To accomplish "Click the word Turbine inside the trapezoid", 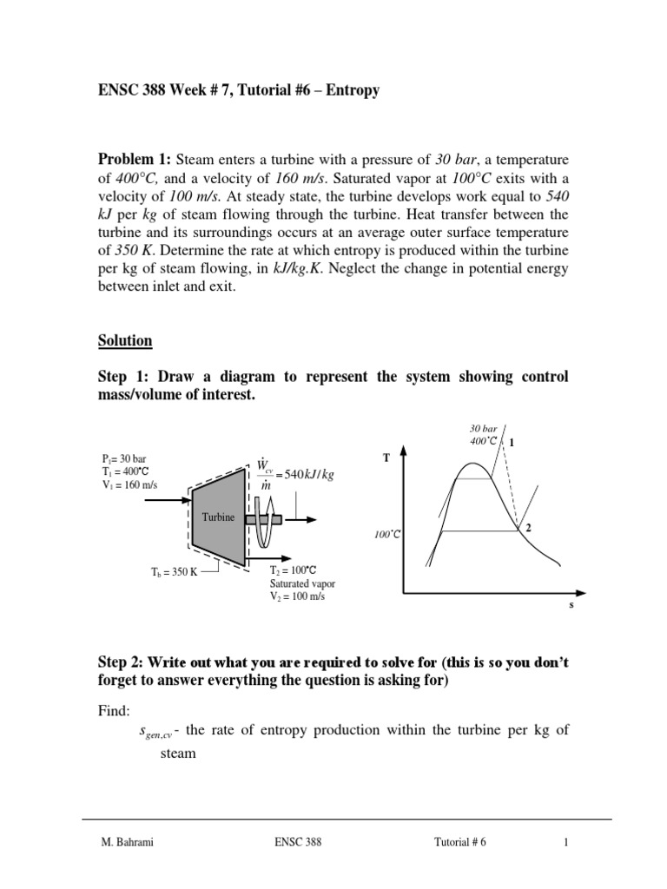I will click(x=218, y=517).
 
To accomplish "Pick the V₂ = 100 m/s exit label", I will click(x=300, y=596).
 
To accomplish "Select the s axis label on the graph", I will click(x=571, y=606).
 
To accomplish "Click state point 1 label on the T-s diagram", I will click(x=512, y=443).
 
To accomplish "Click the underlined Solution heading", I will click(x=124, y=341).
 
